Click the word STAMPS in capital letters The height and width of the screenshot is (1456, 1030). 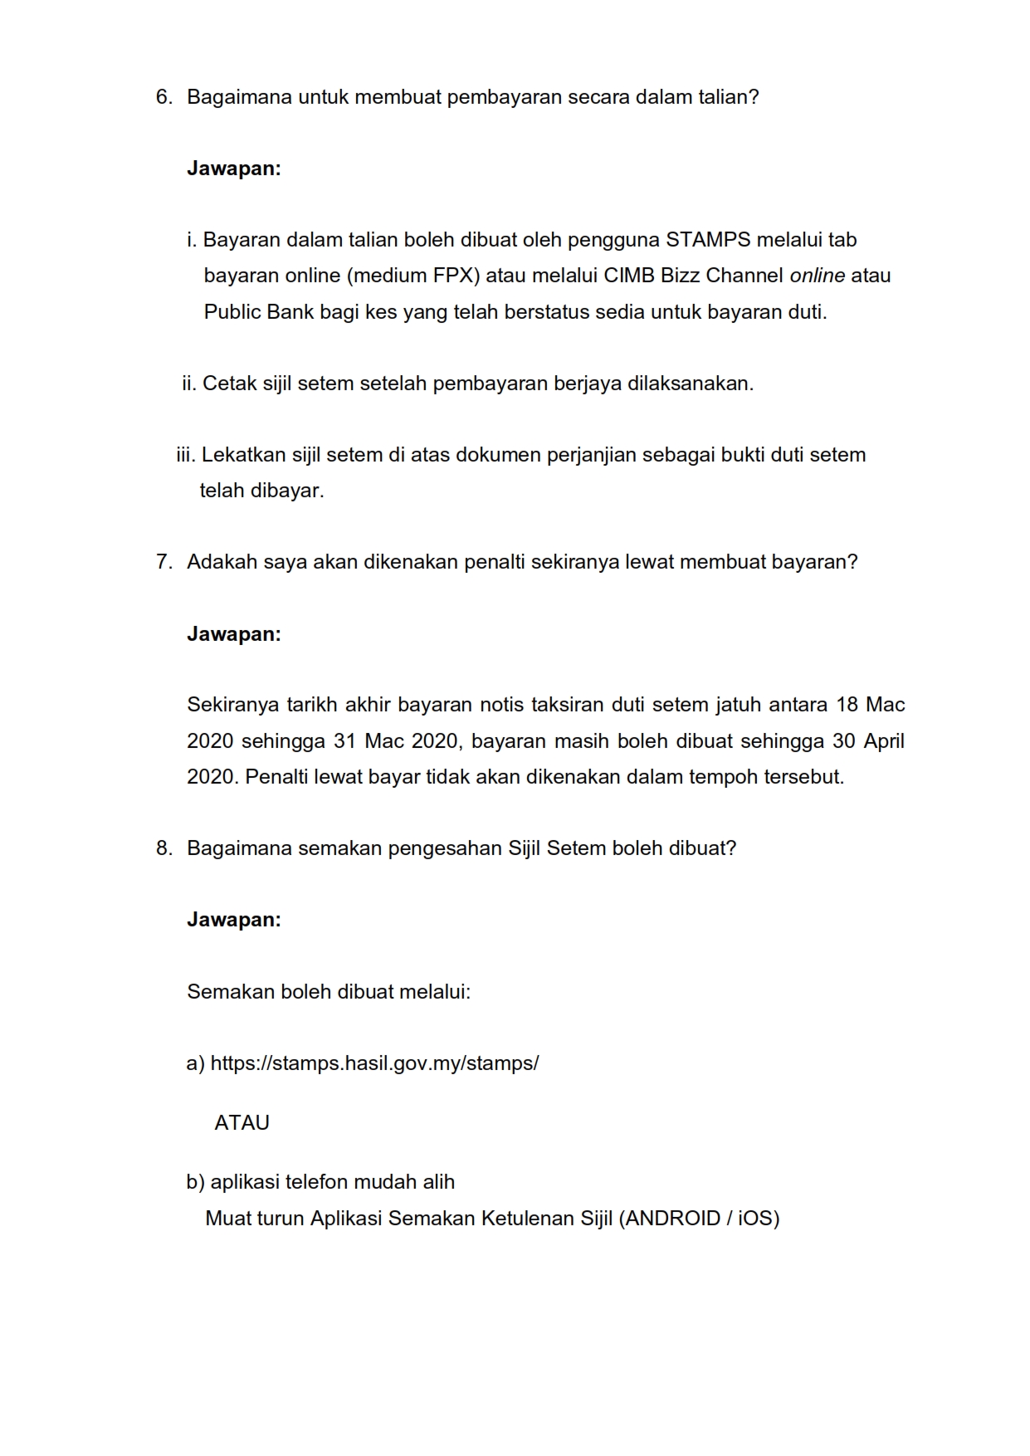708,240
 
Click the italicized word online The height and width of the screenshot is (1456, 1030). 817,276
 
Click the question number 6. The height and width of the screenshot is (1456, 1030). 163,97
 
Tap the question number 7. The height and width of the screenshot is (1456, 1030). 163,562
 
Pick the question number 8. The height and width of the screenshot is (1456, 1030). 163,848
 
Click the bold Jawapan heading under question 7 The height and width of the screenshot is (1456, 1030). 234,634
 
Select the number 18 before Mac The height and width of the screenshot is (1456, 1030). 847,705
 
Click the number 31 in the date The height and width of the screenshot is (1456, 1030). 345,740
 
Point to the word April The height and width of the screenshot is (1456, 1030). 884,740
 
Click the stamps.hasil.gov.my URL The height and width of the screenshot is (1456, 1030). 374,1063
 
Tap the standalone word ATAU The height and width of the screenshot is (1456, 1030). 242,1123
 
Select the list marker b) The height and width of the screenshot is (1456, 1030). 195,1182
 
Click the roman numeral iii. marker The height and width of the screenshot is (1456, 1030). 186,455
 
